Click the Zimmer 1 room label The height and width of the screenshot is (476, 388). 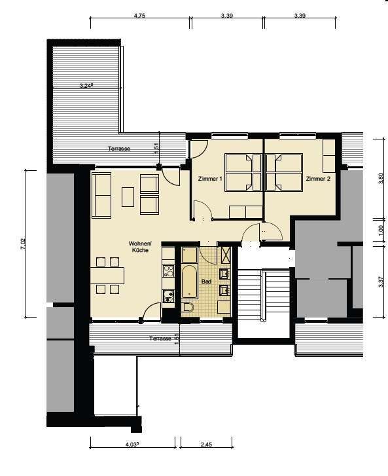pos(210,179)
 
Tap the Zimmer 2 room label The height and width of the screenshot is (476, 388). pos(318,179)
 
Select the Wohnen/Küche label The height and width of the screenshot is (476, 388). pos(140,247)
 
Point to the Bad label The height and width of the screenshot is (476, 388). pos(206,282)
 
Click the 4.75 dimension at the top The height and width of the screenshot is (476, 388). pos(139,16)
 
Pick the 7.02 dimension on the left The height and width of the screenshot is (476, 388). pos(24,244)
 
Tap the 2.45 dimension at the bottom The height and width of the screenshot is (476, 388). pos(206,445)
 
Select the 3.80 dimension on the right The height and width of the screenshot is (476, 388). pos(381,179)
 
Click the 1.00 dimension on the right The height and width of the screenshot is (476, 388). pos(381,230)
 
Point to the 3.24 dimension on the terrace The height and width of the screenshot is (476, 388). pos(86,86)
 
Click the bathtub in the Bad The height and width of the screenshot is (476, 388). pos(190,282)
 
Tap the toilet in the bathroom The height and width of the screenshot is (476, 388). pos(188,308)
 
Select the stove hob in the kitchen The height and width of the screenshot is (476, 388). pos(168,271)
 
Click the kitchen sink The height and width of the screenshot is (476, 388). pos(168,297)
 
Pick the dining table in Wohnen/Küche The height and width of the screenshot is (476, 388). pos(107,276)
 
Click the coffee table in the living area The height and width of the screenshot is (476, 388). pos(128,197)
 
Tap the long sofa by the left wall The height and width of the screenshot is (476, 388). pos(101,196)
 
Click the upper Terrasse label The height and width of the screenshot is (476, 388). pos(119,149)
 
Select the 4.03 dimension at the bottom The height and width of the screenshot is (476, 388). pos(132,445)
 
